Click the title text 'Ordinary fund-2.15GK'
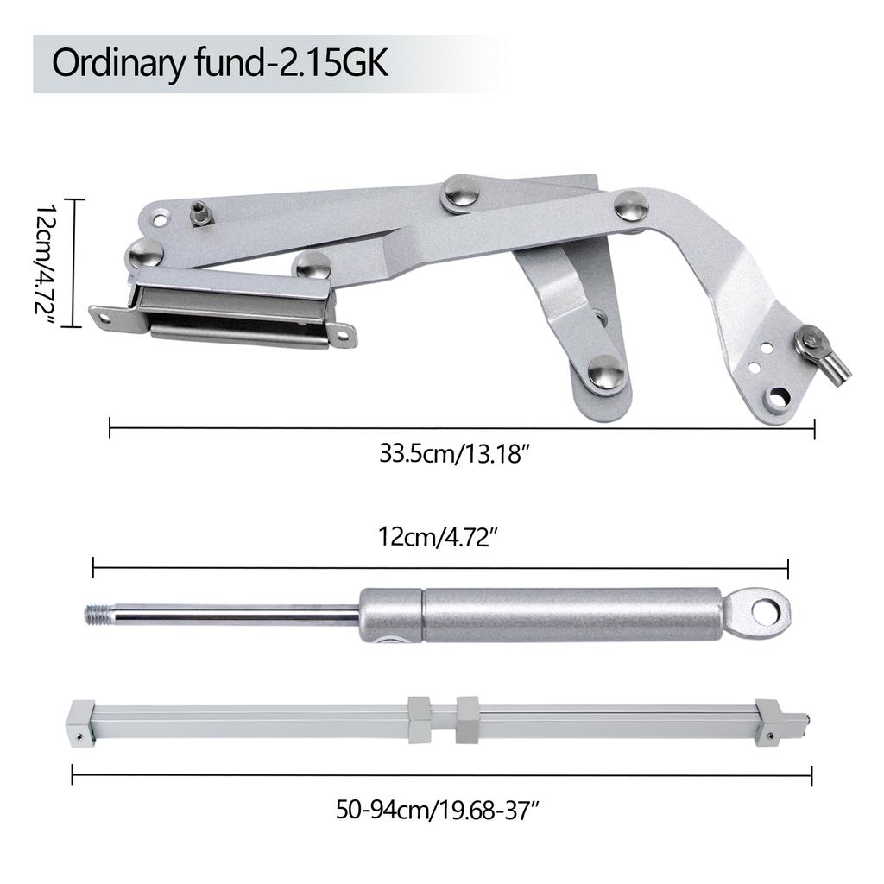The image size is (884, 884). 221,65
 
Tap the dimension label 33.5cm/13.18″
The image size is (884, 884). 452,454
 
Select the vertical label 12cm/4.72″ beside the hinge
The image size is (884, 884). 46,263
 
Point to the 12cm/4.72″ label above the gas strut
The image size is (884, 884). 439,537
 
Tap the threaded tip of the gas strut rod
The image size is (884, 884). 98,615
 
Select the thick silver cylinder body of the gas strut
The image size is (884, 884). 570,615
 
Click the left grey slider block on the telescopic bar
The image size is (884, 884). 420,719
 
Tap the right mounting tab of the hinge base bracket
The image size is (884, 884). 343,332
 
